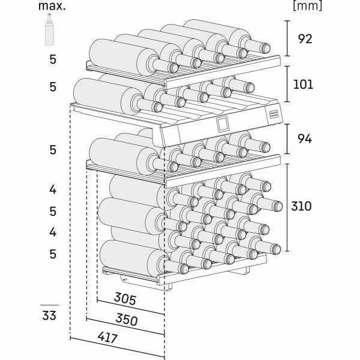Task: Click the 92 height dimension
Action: pyautogui.click(x=304, y=40)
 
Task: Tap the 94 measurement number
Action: pyautogui.click(x=304, y=139)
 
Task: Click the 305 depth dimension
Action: pyautogui.click(x=125, y=299)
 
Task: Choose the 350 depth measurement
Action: pyautogui.click(x=125, y=320)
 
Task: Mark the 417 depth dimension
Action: pyautogui.click(x=106, y=338)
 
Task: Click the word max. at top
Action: pyautogui.click(x=53, y=7)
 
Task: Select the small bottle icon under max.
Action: pyautogui.click(x=50, y=30)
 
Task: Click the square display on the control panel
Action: pyautogui.click(x=223, y=124)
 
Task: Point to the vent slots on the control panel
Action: pyautogui.click(x=273, y=113)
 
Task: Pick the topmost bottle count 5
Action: pyautogui.click(x=53, y=59)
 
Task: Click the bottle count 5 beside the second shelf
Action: pyautogui.click(x=53, y=86)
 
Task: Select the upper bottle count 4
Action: pyautogui.click(x=53, y=190)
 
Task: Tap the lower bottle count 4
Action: pyautogui.click(x=53, y=232)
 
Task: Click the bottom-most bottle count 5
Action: pyautogui.click(x=53, y=254)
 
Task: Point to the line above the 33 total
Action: pyautogui.click(x=50, y=305)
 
